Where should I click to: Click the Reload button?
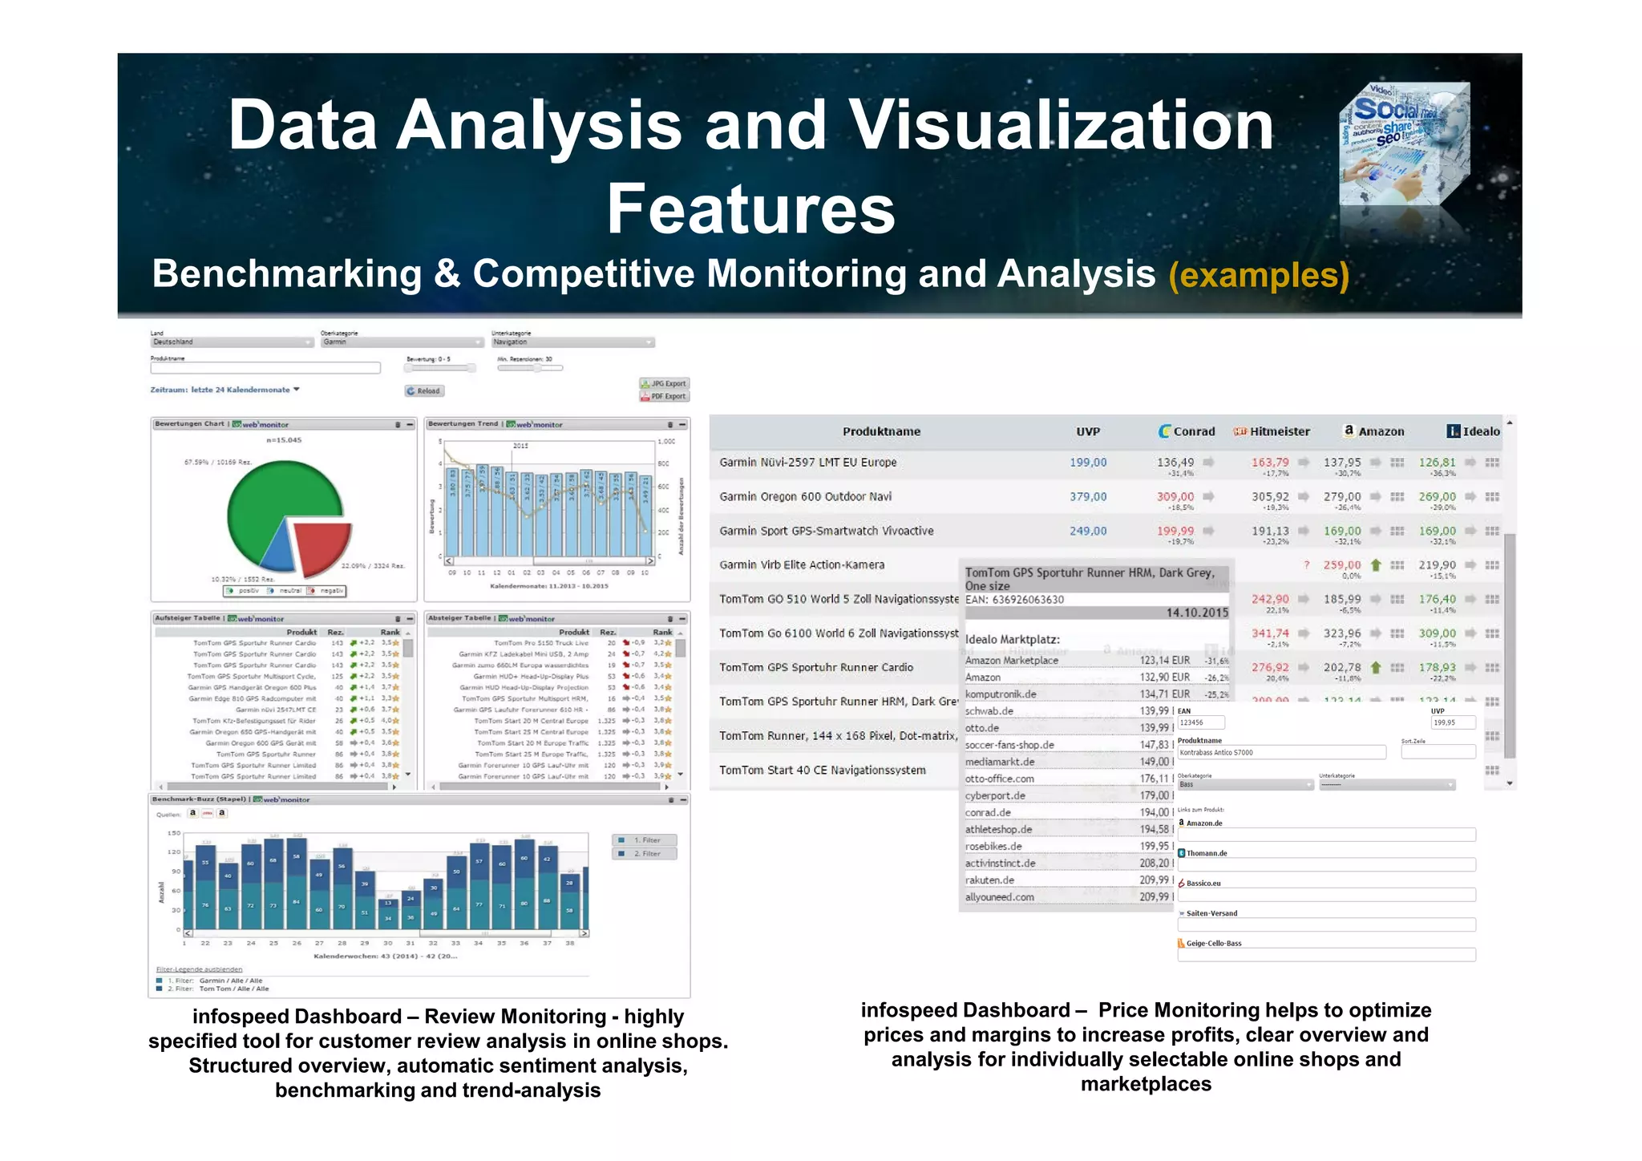(424, 391)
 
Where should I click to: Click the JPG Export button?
(664, 383)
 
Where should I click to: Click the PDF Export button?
(664, 396)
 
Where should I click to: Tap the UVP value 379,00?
(1087, 497)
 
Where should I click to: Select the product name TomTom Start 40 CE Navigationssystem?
(822, 771)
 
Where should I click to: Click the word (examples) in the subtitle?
(1259, 275)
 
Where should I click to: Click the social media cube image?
(1405, 144)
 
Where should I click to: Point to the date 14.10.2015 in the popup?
(1196, 613)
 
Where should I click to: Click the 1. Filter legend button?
(645, 840)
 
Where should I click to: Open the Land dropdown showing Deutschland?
(232, 342)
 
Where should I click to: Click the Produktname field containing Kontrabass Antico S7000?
(1280, 753)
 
